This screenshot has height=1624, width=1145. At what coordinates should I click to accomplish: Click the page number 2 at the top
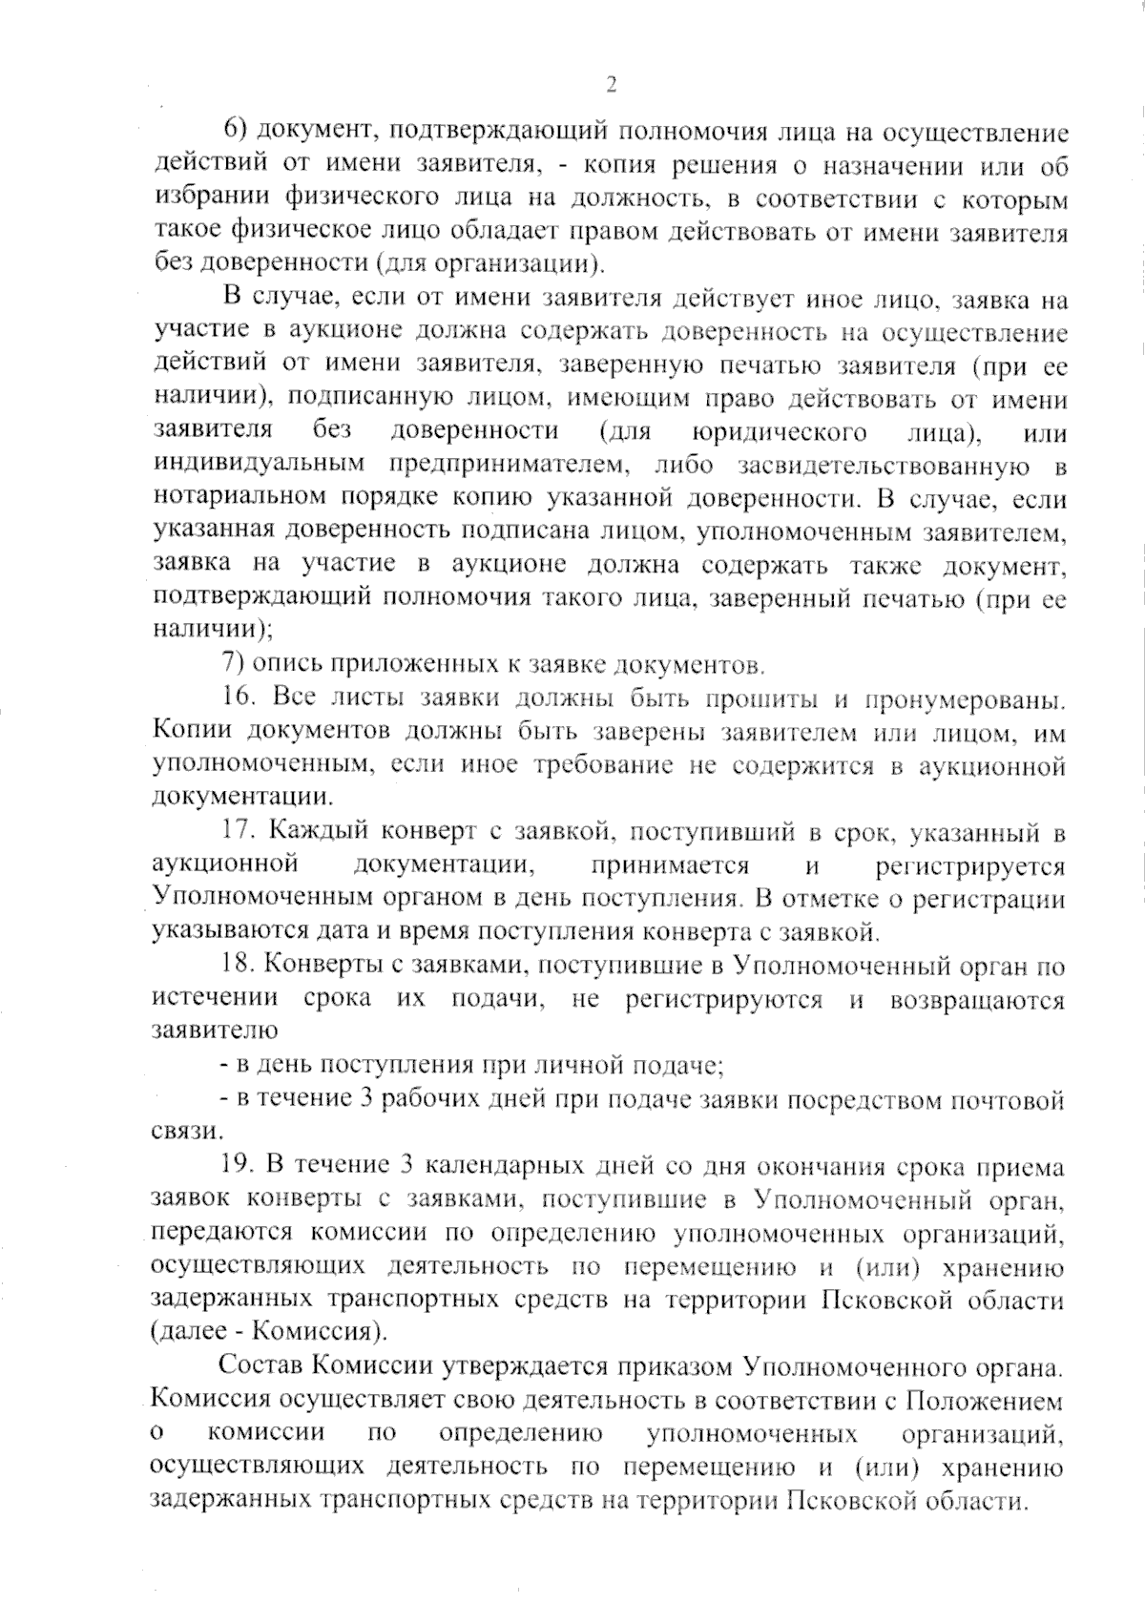pos(611,85)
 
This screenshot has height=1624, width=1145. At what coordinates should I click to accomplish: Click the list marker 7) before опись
pos(231,663)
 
